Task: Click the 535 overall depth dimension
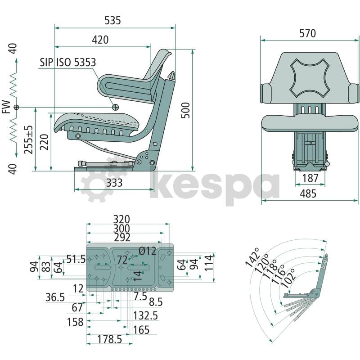pyautogui.click(x=112, y=20)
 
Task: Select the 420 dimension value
pyautogui.click(x=100, y=40)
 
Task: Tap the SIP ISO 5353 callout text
pyautogui.click(x=68, y=63)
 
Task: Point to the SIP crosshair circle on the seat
pyautogui.click(x=115, y=107)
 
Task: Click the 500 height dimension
pyautogui.click(x=185, y=110)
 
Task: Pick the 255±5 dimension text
pyautogui.click(x=29, y=139)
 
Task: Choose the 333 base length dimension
pyautogui.click(x=114, y=183)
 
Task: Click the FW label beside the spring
pyautogui.click(x=6, y=107)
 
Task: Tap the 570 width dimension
pyautogui.click(x=308, y=33)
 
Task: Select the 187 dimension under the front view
pyautogui.click(x=310, y=178)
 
